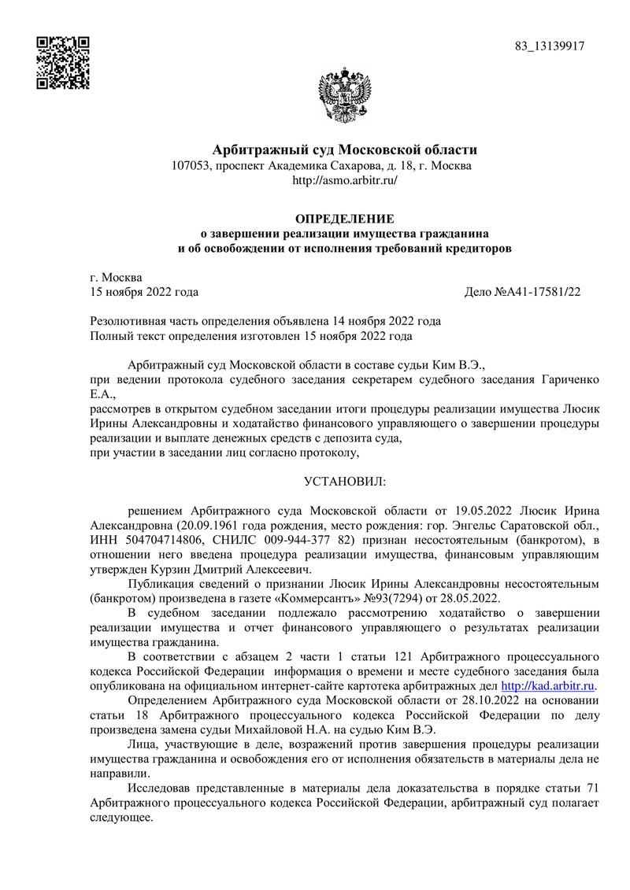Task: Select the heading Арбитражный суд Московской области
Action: (346, 150)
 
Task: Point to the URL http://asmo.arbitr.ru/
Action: (345, 180)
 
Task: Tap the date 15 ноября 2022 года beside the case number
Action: (145, 292)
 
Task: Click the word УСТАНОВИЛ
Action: (345, 479)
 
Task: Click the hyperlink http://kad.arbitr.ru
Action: (548, 686)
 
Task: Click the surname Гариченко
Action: (565, 380)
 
